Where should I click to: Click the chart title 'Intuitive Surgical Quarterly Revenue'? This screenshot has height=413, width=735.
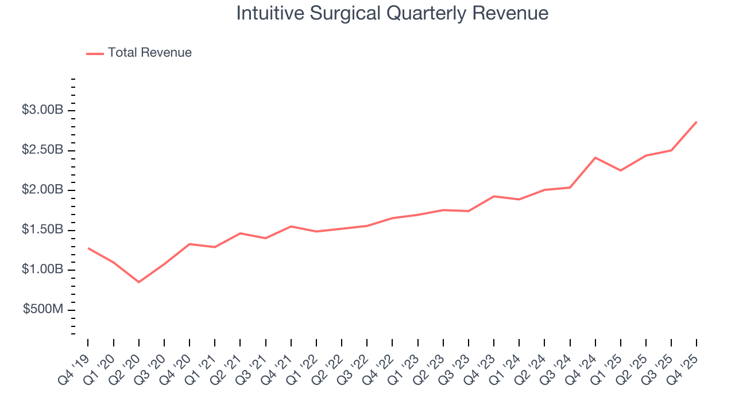(392, 13)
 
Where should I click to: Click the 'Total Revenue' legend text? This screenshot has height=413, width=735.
(149, 53)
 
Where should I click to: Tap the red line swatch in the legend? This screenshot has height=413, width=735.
(95, 53)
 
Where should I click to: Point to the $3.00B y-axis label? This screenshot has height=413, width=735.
(42, 110)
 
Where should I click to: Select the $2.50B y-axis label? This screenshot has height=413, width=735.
(42, 150)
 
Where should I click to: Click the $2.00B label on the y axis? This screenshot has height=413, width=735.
(42, 190)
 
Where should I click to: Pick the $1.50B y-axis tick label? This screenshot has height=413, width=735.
(42, 230)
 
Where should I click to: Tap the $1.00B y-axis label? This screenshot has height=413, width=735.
(42, 270)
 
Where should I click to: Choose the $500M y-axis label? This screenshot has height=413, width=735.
(44, 310)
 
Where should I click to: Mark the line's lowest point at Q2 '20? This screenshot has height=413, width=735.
(138, 282)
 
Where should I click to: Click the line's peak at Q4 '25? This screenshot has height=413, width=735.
(697, 122)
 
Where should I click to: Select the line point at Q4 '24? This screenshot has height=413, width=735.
(595, 157)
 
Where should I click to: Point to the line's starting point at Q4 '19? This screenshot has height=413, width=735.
(88, 248)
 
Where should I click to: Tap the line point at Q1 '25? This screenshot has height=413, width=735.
(620, 170)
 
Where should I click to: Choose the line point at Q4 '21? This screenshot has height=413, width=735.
(291, 226)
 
